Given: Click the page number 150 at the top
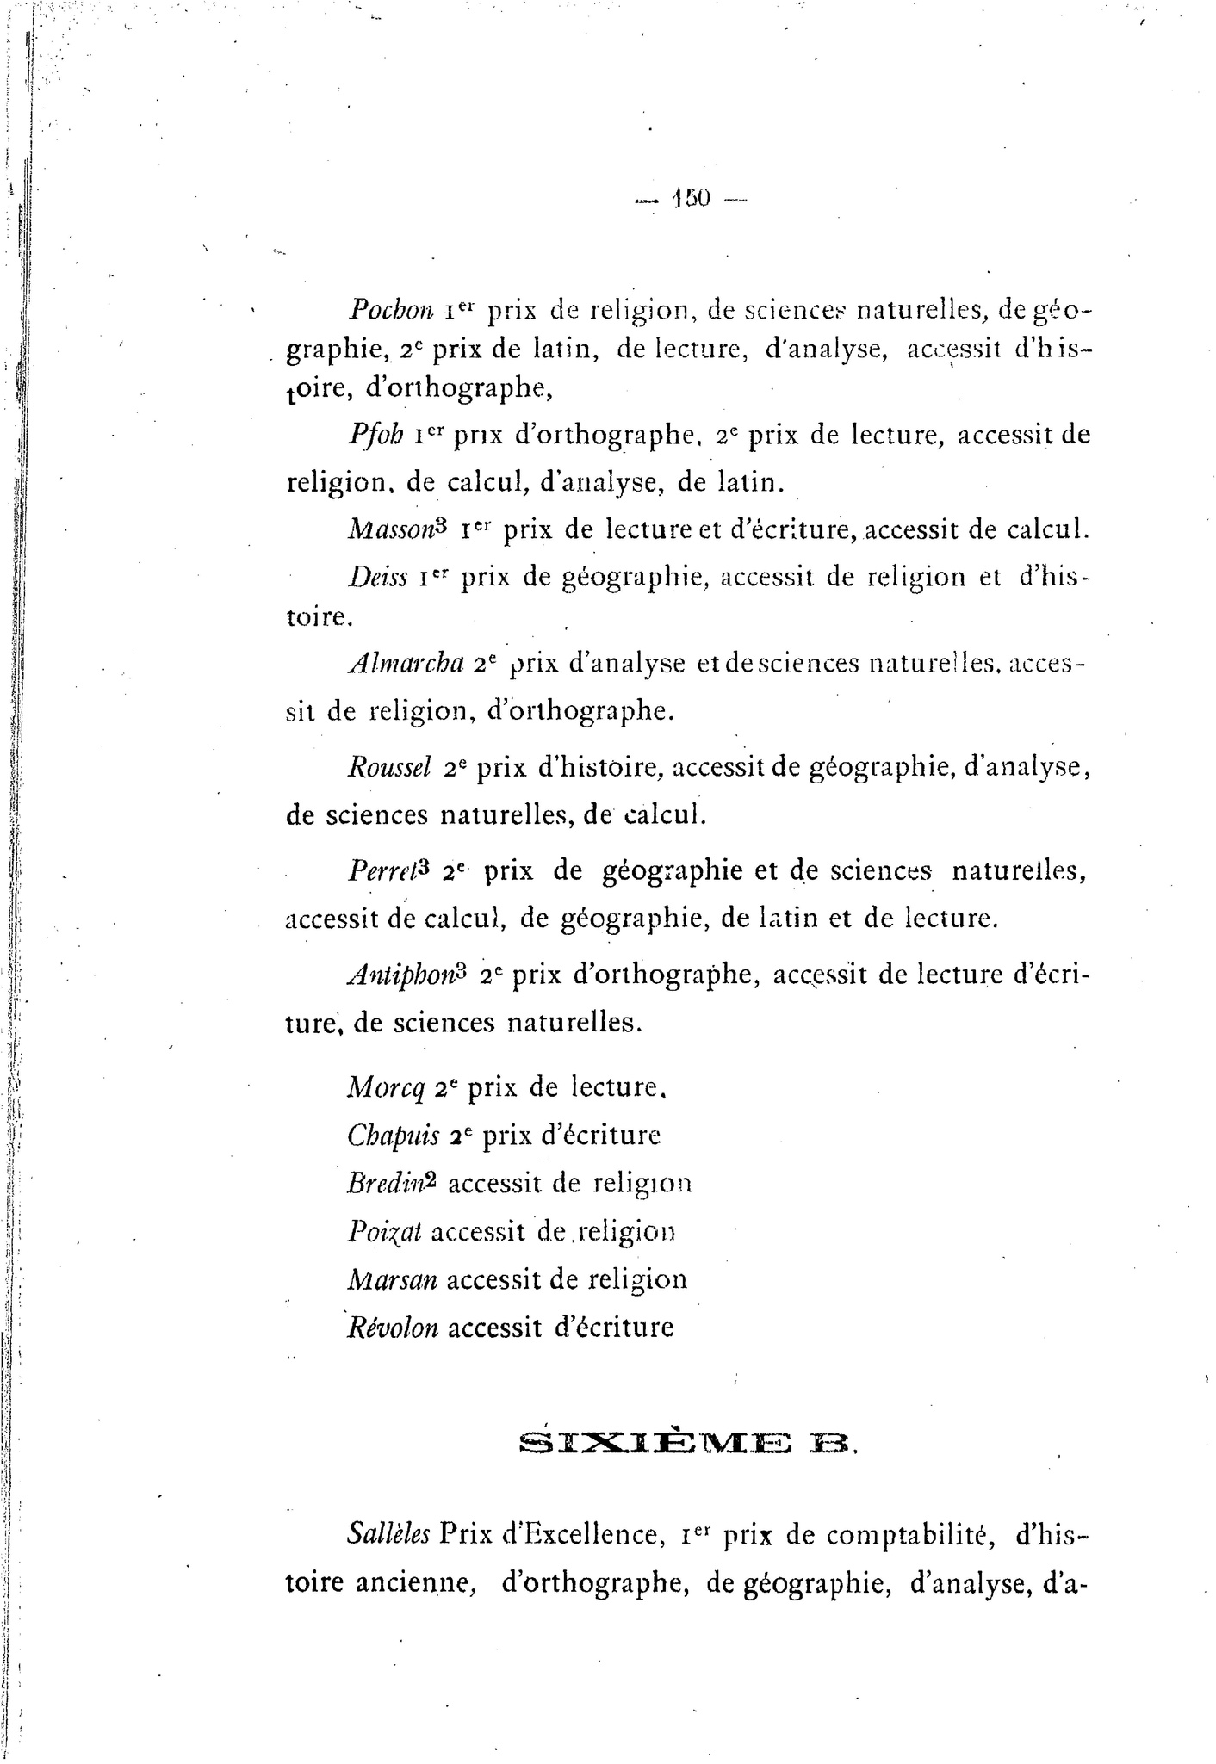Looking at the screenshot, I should pos(691,199).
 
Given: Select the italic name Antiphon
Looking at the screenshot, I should pos(400,975).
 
